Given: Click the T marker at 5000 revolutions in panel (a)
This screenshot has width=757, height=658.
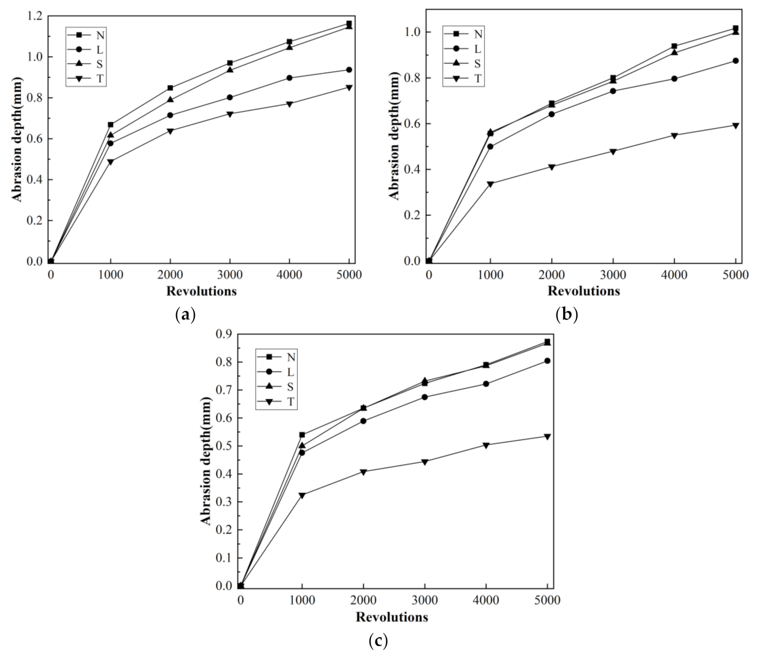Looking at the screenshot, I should tap(349, 88).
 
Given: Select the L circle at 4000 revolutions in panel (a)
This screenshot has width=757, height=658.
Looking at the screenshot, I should tap(289, 78).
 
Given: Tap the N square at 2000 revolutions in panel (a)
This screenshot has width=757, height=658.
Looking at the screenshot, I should tap(170, 88).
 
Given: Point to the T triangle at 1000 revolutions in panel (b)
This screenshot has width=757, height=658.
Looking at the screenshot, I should tap(490, 184).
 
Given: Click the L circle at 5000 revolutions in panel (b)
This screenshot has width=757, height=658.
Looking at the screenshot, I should tap(735, 61).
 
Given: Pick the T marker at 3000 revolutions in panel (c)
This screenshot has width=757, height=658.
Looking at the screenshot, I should tap(425, 462).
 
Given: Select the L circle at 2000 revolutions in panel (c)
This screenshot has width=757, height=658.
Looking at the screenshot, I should tap(363, 421).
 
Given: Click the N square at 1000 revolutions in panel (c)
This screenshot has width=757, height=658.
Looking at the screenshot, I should tap(302, 435).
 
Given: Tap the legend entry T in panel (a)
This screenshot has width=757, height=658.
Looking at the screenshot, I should tap(99, 79).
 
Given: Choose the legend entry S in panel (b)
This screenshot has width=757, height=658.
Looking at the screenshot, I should tap(477, 64).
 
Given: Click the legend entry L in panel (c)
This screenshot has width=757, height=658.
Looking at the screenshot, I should tap(290, 372).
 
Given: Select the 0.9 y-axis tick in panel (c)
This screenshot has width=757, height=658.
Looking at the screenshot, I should tap(224, 334).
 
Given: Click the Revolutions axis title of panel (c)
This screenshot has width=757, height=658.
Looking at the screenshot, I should tap(392, 617).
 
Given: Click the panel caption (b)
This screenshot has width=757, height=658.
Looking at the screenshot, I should tap(566, 314).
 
